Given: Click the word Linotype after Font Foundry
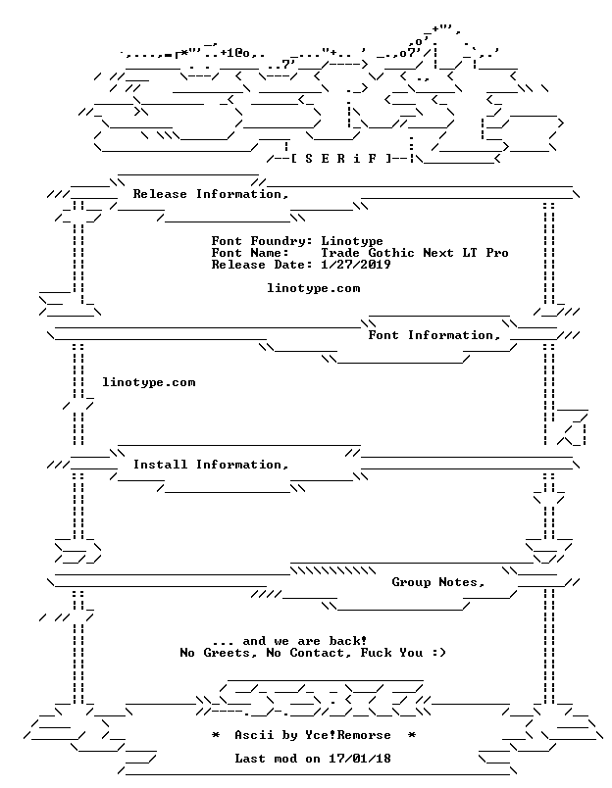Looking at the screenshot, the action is coord(352,242).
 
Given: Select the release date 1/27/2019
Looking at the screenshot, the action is coord(356,265).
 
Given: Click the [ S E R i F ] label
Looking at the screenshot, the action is coord(341,159).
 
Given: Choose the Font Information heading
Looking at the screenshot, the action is coord(434,335).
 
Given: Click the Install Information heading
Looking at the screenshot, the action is coord(211,465).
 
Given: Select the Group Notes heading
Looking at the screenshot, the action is coord(438,582).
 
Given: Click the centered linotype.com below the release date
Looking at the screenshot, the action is coord(313,288).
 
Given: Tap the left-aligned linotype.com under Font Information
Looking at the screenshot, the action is coord(149,382).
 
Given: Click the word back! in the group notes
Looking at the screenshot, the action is coord(348,641).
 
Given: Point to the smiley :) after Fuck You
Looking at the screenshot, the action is coord(438,653).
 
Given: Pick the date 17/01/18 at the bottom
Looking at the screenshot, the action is coord(360,759).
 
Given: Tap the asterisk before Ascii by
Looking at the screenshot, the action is coord(215,735).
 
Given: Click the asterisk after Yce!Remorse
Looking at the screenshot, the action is coord(411,735).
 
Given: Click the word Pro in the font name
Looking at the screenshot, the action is coord(497,253).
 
